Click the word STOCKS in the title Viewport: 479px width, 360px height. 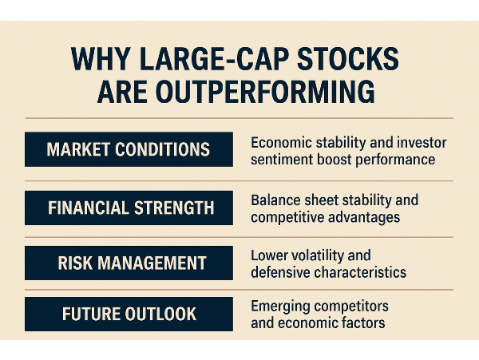pos(347,58)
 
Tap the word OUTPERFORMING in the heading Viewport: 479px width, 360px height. pos(236,92)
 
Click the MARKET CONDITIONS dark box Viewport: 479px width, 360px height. pos(129,149)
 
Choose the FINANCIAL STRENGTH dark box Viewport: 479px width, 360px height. pos(129,208)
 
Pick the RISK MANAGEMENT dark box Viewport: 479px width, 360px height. pos(129,263)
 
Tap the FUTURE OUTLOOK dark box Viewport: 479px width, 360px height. pos(129,314)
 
